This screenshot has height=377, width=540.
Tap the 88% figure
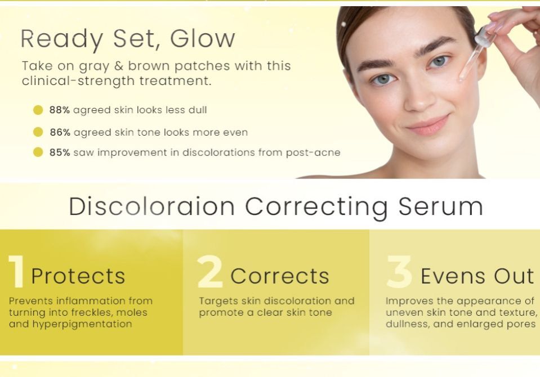point(59,110)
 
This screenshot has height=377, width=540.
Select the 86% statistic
point(59,132)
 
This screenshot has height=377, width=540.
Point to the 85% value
point(59,152)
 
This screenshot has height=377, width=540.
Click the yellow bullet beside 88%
point(38,110)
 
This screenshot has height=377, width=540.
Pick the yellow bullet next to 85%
point(38,152)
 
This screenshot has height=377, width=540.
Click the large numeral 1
point(16,273)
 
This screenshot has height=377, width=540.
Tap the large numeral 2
point(210,273)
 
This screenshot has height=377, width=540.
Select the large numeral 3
point(399,273)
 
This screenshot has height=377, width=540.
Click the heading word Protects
point(78,276)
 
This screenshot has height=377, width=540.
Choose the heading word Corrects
point(280,276)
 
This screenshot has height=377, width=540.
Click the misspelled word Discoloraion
point(151,207)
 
